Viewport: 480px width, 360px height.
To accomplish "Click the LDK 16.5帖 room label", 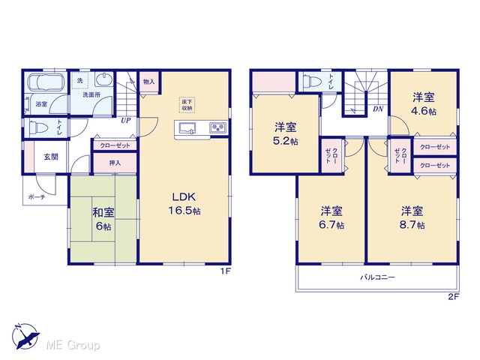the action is coord(184,203).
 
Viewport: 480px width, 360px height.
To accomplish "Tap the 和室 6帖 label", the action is coord(103,219).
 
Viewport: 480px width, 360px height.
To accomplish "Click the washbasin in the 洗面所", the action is coord(103,79).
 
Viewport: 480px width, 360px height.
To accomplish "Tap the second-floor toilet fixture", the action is coord(311,81).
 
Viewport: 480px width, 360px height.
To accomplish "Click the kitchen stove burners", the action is coord(218,127).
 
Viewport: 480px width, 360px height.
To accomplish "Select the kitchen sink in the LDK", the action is coord(187,127).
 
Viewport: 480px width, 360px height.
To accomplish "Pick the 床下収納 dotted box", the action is coord(187,105).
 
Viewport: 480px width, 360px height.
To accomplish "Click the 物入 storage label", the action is coord(149,82).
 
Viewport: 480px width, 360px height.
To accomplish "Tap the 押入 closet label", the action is coord(115,163).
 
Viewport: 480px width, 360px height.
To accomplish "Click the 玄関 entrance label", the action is coord(51,157).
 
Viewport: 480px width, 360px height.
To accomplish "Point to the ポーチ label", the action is coord(37,197).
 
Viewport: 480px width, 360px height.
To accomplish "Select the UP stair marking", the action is coord(125,120).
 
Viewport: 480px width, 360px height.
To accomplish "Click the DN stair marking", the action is coord(378,109).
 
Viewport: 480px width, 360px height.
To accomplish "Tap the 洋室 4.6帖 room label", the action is coord(424,104).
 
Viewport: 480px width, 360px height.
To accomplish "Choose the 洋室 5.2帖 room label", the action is coord(285,133).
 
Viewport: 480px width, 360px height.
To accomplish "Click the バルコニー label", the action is coord(377,277).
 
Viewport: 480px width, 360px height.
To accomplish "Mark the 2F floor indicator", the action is coord(454,297).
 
